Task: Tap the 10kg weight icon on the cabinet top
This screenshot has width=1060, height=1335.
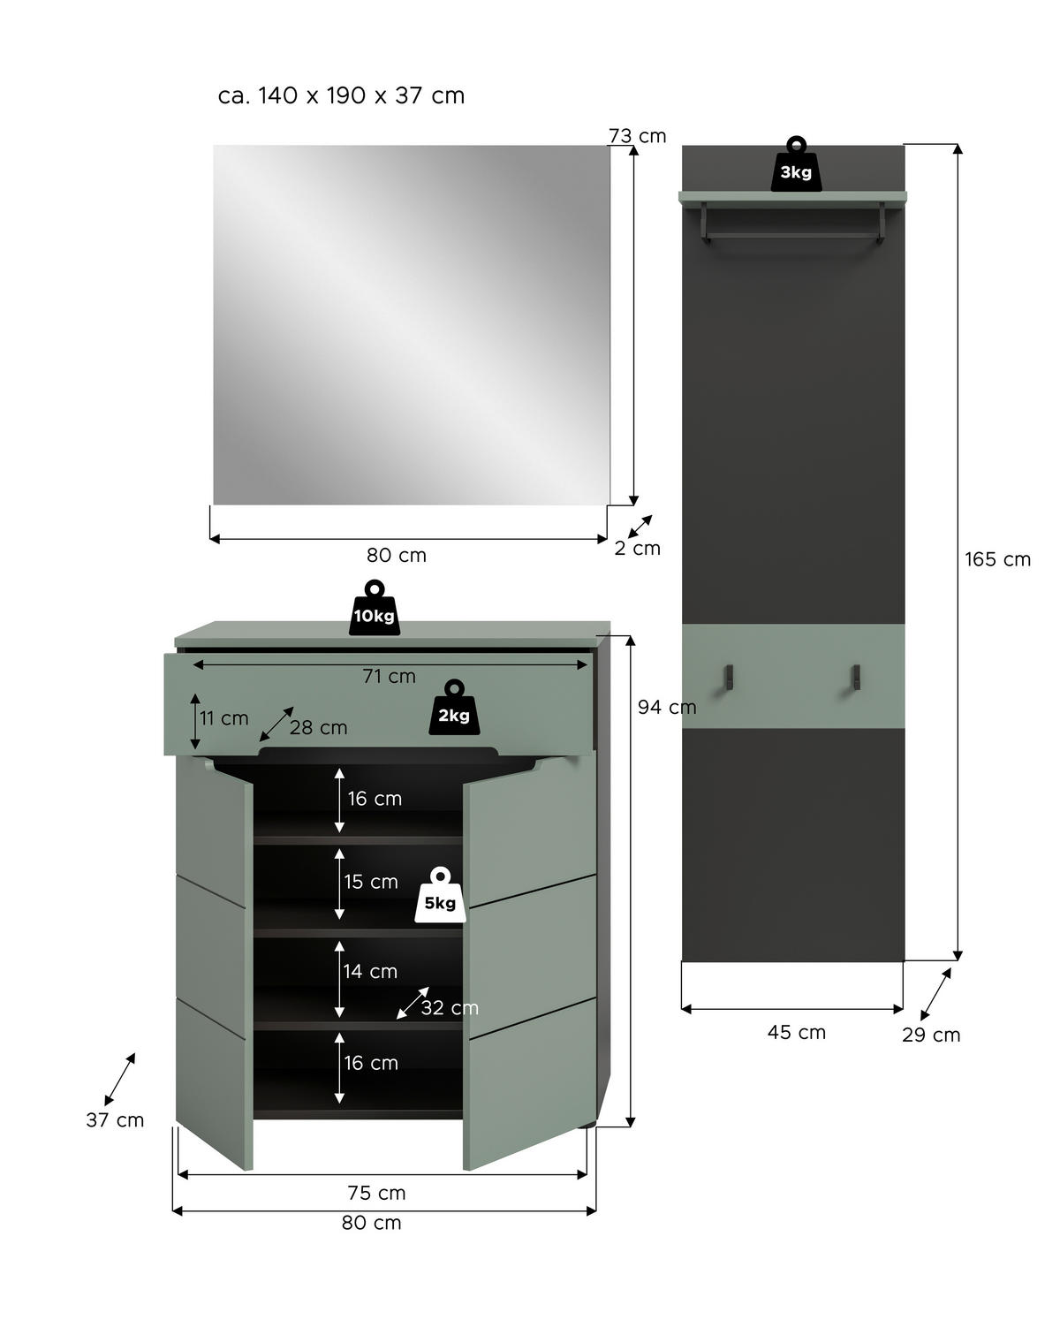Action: click(x=374, y=609)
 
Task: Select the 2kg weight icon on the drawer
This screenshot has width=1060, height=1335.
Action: click(x=454, y=709)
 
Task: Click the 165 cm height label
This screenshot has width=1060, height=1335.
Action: click(x=997, y=559)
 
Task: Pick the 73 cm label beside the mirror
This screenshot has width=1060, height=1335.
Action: click(x=637, y=136)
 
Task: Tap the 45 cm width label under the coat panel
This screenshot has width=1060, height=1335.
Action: click(x=796, y=1032)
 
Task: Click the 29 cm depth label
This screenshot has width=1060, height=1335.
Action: click(x=931, y=1035)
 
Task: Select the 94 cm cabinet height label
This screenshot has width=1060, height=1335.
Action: click(x=667, y=707)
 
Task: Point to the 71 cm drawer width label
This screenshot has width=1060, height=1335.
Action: click(x=389, y=676)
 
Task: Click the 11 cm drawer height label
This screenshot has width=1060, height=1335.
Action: click(x=223, y=718)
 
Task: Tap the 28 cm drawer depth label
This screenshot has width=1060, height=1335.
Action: click(x=318, y=728)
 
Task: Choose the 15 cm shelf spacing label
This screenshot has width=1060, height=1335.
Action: click(x=371, y=882)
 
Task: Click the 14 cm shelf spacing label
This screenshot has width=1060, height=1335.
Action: click(x=370, y=971)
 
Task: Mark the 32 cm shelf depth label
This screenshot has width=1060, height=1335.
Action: click(x=449, y=1008)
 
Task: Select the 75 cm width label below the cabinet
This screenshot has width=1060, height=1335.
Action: click(x=376, y=1193)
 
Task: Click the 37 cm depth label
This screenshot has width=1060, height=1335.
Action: click(x=115, y=1120)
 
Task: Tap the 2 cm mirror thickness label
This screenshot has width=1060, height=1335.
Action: click(x=637, y=548)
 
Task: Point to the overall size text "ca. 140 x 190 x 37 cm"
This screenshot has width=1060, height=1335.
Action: click(x=341, y=95)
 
